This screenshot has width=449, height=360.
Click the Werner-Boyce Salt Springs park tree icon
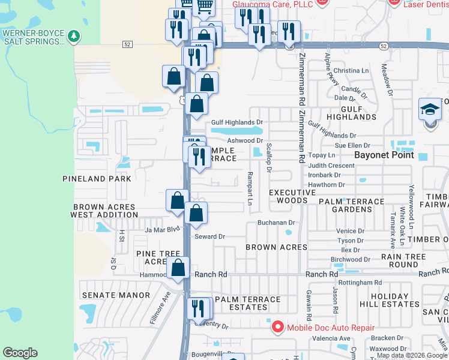tap(74, 37)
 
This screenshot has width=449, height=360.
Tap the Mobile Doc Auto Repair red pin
tap(277, 327)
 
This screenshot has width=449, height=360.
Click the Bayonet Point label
tap(384, 155)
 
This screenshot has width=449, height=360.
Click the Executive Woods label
tap(292, 196)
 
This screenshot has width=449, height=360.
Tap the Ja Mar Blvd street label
tap(162, 229)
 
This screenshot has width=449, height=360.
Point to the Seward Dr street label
tap(209, 236)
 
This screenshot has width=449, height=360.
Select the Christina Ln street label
tap(351, 71)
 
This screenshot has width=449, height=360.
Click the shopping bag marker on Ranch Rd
tap(178, 269)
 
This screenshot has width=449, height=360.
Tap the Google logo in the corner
tap(20, 353)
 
